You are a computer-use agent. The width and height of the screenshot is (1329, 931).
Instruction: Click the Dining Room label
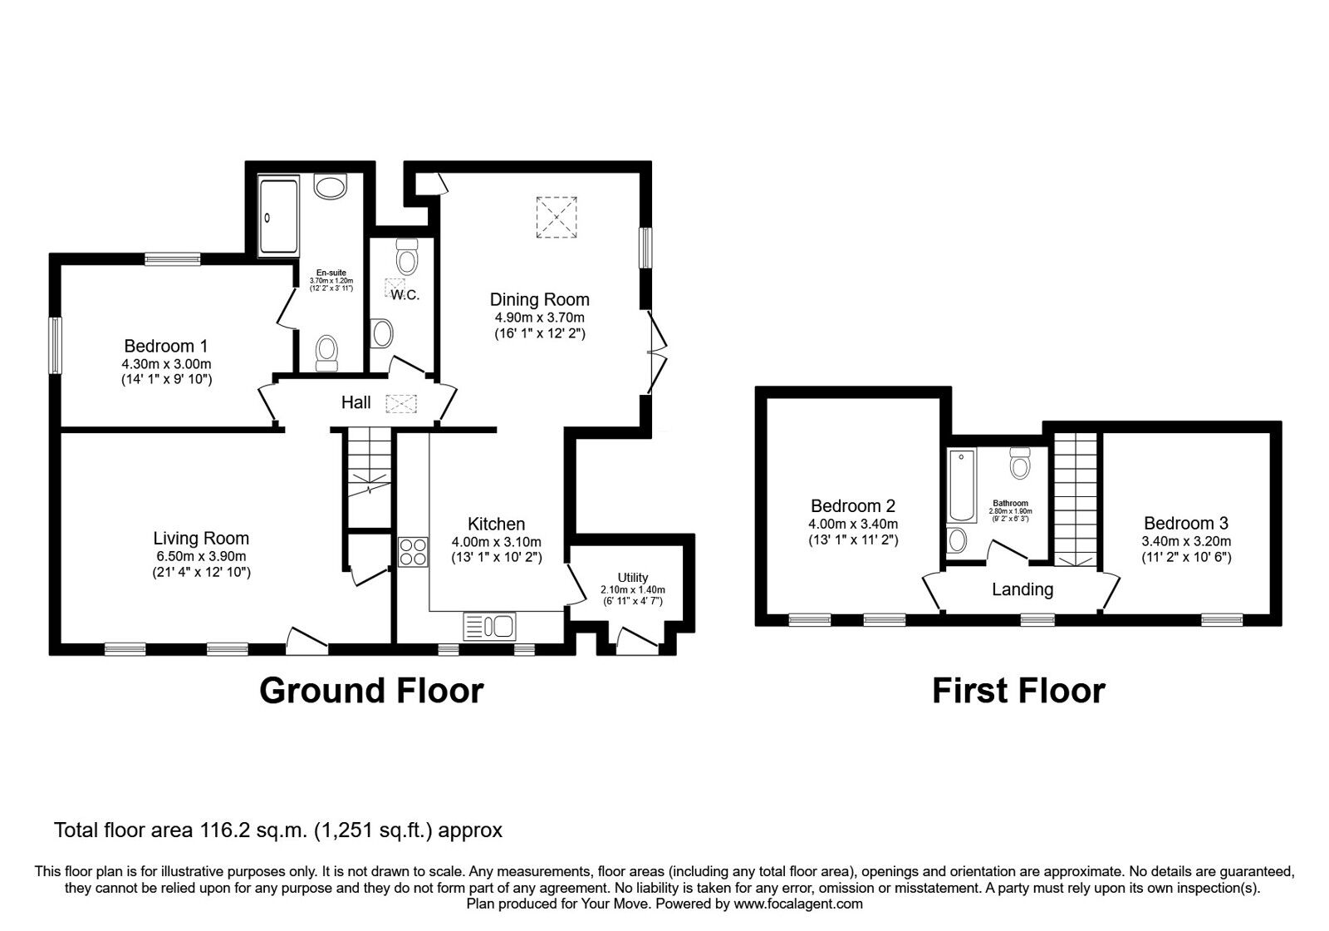pos(539,299)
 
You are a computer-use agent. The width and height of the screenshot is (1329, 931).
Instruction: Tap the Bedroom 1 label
pos(166,346)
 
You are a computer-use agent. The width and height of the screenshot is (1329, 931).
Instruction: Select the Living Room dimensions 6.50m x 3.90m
pos(201,556)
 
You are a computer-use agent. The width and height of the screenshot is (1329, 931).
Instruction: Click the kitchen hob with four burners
pos(413,552)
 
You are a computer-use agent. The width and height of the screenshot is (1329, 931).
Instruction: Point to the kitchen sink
pos(489,627)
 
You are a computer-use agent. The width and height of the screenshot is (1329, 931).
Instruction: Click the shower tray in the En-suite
pos(278,216)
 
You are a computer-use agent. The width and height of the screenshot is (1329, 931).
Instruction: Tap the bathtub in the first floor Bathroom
pos(962,485)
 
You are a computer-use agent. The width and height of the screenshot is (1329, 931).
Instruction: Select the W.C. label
pos(405,294)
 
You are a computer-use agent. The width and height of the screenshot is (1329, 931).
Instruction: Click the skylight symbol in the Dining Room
pos(557,217)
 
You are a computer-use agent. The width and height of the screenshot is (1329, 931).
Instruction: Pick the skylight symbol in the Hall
pos(402,404)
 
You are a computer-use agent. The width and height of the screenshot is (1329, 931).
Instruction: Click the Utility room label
pos(632,577)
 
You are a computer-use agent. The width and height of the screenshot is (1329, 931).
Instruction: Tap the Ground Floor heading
pos(371,691)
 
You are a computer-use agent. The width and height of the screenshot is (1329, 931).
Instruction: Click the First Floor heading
pos(1018,691)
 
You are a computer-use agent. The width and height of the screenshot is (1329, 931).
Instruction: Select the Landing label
pos(1022,589)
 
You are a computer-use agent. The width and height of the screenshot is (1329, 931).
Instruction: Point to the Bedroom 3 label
pos(1186,523)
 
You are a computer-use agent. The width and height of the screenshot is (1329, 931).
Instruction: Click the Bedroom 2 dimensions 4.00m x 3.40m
pos(853,525)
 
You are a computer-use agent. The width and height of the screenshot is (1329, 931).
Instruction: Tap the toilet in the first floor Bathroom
pos(1020,462)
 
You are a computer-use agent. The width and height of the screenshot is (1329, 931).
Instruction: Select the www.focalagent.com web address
pos(798,904)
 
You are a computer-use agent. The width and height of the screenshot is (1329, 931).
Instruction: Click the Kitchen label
pos(497,524)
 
